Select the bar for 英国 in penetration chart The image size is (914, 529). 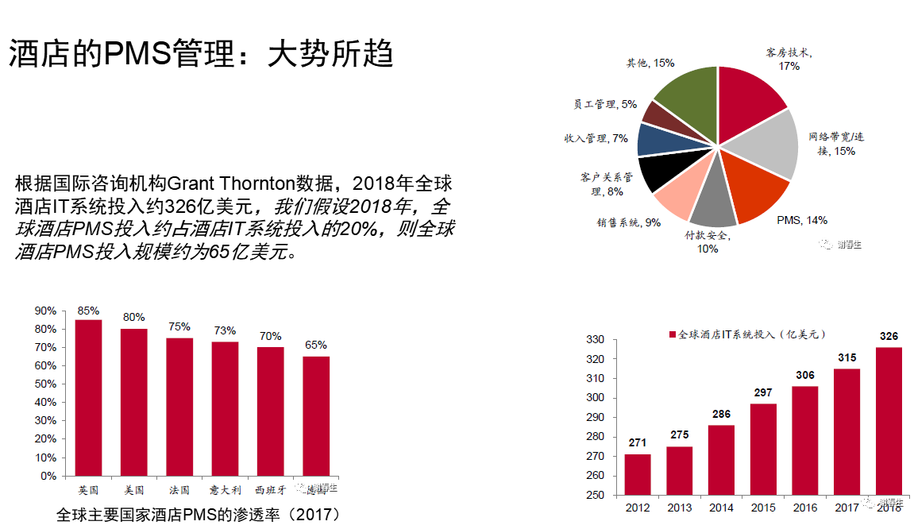click(88, 397)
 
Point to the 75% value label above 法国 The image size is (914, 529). click(179, 326)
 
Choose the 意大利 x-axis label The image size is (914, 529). click(224, 490)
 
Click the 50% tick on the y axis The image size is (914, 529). click(47, 384)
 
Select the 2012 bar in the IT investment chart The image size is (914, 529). click(638, 474)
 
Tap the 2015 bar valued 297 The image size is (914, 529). click(763, 449)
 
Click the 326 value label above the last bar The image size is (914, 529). click(889, 337)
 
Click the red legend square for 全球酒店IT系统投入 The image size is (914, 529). click(673, 335)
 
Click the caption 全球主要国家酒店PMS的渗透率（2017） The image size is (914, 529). click(199, 515)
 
